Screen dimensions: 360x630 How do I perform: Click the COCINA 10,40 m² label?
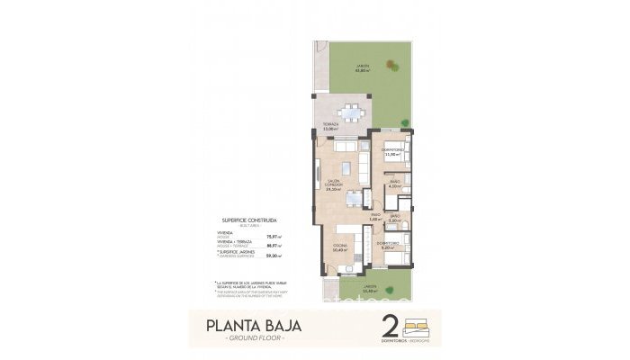pos(340,247)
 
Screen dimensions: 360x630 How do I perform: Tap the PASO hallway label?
pos(376,217)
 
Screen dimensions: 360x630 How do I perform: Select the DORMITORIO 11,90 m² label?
pos(391,152)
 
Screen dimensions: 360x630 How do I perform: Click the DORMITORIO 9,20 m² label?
pos(388,245)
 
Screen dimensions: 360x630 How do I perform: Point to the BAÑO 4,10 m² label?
pos(393,184)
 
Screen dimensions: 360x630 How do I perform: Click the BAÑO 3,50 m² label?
pos(395,217)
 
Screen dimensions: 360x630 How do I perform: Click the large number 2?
pos(390,326)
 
